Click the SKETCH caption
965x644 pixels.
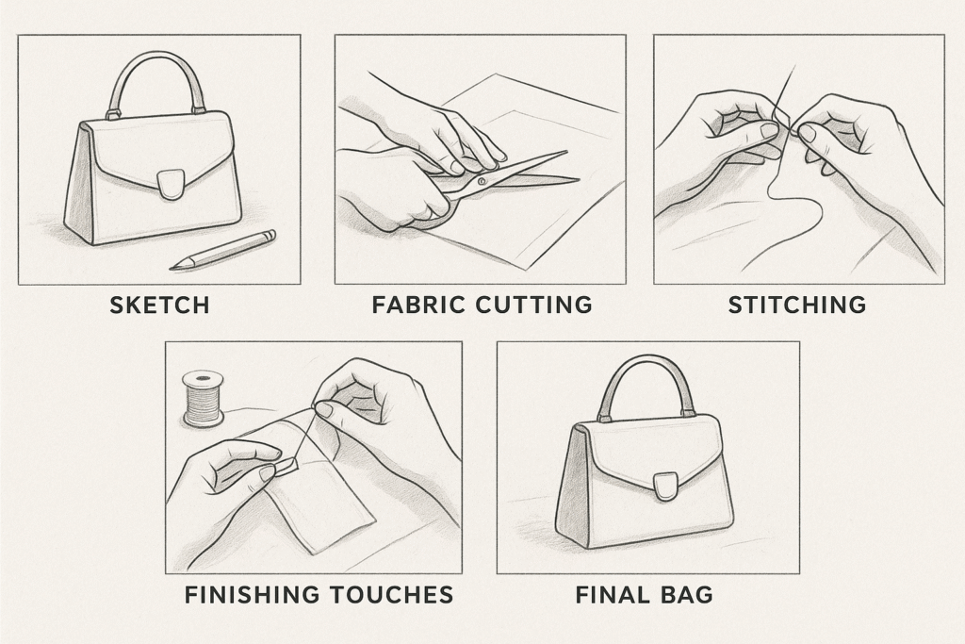pos(159,305)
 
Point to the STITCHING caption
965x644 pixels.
pos(797,305)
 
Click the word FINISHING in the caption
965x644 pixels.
pos(253,595)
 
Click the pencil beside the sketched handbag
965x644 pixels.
pos(222,250)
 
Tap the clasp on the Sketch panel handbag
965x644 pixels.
pos(171,184)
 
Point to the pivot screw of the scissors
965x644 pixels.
pos(482,182)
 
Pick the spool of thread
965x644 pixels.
pos(204,398)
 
